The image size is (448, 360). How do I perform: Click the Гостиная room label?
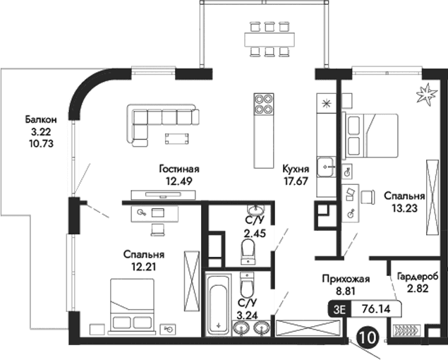[179, 169]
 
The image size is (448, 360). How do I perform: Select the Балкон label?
[39, 119]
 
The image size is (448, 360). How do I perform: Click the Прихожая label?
[341, 278]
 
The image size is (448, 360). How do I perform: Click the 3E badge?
[339, 308]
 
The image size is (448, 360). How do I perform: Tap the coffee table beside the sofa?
[178, 138]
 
